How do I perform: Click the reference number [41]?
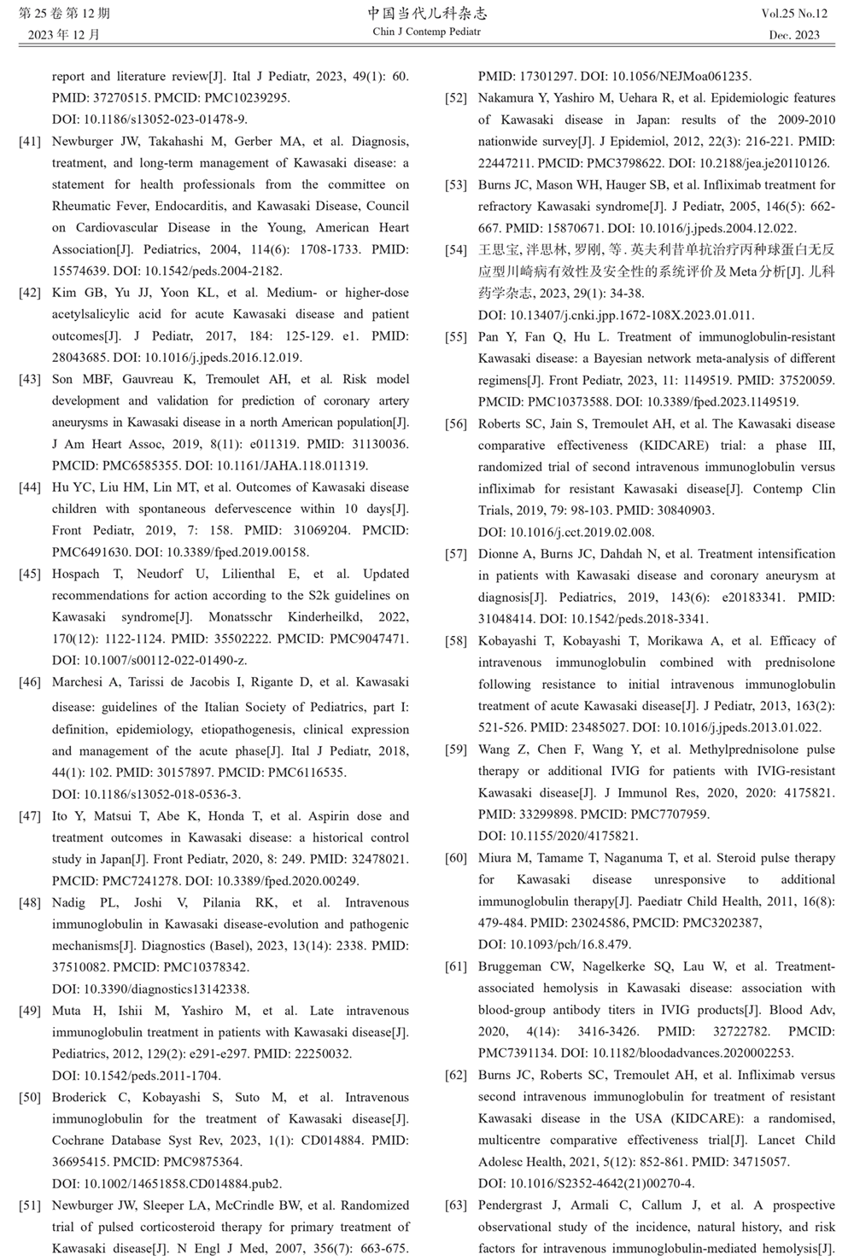tap(29, 142)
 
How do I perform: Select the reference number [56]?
tap(456, 424)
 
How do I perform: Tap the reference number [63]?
tap(456, 1205)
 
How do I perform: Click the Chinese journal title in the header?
tap(427, 14)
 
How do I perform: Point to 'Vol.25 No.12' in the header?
tap(794, 15)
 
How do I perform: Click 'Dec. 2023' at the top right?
tap(794, 35)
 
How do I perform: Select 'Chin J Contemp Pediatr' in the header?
tap(427, 32)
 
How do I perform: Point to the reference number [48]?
tap(29, 903)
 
